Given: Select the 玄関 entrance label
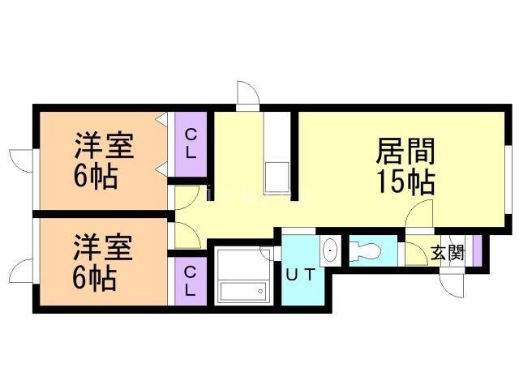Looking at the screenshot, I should point(447,252).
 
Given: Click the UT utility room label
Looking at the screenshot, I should point(300,275).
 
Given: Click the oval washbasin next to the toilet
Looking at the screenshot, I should point(330,251).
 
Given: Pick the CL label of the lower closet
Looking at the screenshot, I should point(190,280).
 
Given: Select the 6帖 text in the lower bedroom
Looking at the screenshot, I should point(94,278).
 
